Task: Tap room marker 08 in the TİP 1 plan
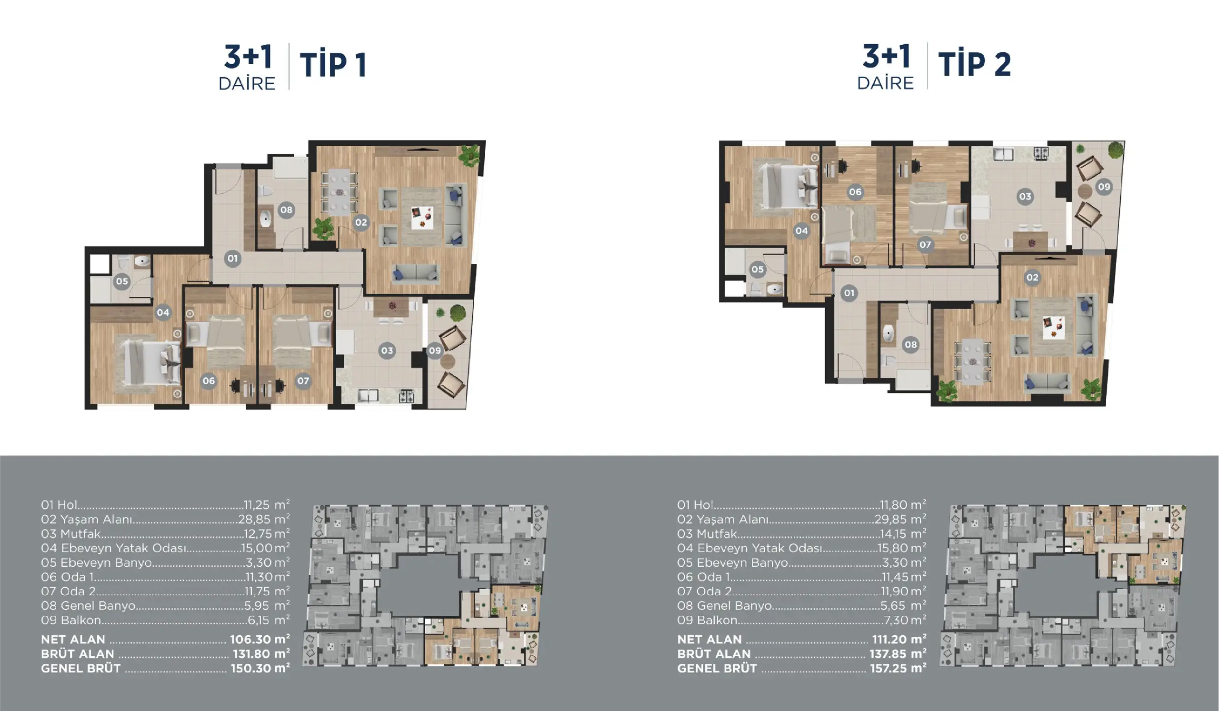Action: (286, 210)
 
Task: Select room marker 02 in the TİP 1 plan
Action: (361, 222)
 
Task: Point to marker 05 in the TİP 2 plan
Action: (758, 270)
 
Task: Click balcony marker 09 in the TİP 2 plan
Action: (1104, 187)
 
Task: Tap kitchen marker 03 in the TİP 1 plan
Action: (387, 350)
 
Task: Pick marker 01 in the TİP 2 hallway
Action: (849, 293)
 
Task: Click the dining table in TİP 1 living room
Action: (340, 192)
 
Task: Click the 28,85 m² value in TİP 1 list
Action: (264, 520)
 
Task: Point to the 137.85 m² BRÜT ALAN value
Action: (898, 654)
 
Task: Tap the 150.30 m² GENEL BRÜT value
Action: (260, 669)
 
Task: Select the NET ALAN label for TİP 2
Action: (709, 640)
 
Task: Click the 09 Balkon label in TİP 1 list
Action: (71, 620)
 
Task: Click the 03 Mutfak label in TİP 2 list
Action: (707, 534)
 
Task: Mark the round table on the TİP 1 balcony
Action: (448, 361)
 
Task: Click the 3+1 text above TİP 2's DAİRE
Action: (886, 56)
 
